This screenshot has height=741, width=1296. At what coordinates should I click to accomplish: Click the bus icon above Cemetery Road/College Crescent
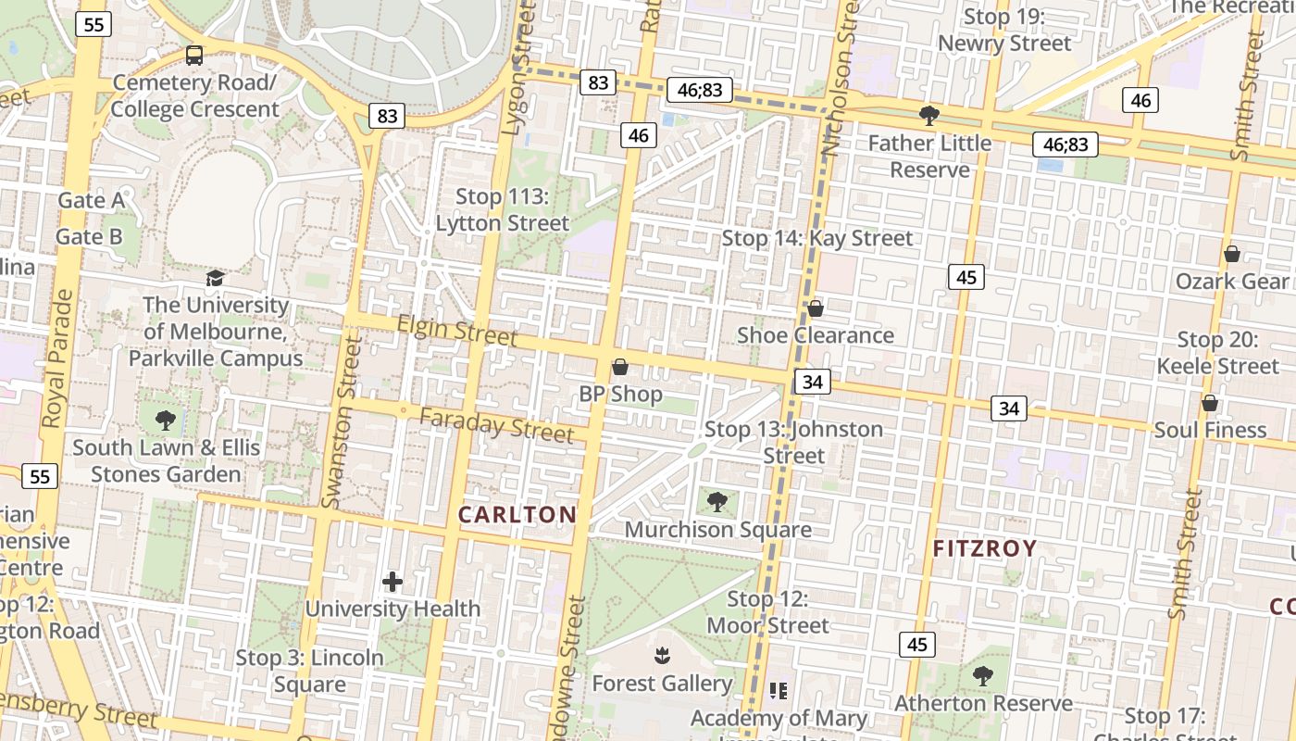point(194,56)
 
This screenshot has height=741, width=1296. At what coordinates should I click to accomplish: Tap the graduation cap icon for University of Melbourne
point(215,278)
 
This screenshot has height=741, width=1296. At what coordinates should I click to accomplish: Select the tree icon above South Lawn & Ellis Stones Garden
point(166,421)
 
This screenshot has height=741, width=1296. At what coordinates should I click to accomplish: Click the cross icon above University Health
point(393,582)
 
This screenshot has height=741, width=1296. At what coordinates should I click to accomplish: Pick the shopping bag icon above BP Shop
point(620,367)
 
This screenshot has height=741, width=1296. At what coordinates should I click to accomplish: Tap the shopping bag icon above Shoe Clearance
point(816,308)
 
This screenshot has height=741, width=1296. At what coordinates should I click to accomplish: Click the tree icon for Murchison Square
point(717,502)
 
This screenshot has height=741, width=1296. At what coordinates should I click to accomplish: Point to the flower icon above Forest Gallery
point(662,657)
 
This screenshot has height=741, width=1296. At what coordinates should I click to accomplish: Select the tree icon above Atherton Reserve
point(983,676)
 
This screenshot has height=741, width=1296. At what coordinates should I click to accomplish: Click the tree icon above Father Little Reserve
point(928,116)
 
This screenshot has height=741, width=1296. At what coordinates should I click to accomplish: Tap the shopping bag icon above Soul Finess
point(1209,403)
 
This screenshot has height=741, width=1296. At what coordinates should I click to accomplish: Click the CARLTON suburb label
point(517,515)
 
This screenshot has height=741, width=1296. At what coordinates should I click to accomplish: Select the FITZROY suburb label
point(984,548)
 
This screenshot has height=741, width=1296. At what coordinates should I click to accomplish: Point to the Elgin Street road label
point(457,330)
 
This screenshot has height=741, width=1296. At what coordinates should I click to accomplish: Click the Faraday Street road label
point(496,424)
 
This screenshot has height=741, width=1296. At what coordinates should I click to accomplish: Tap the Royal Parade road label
point(56,359)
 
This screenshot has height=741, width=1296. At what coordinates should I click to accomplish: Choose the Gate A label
point(91,200)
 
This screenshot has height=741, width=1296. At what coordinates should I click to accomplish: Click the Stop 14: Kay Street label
point(816,238)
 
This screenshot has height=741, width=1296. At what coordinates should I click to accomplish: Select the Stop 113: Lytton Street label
point(503,210)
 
